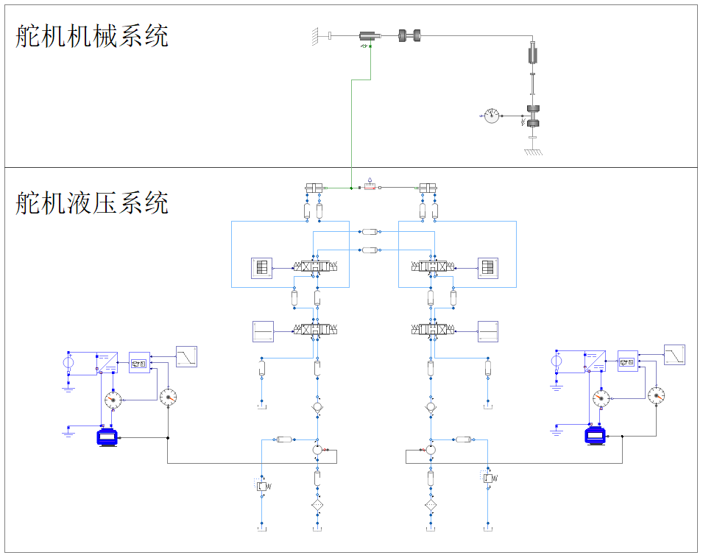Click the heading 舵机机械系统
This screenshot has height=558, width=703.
pos(92,35)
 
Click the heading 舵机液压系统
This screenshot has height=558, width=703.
pos(92,202)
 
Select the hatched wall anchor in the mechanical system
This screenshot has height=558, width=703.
pos(314,35)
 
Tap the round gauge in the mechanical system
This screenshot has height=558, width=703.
pos(491,116)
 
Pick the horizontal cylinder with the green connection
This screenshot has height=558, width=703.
pos(370,35)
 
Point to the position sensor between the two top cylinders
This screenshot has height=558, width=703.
pos(370,187)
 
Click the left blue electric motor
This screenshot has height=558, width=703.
pos(107,438)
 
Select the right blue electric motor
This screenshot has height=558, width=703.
pos(595,436)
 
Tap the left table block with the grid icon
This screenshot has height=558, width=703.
pos(261,268)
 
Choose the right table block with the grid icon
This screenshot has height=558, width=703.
pos(488,268)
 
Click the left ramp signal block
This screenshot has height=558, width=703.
pos(187,356)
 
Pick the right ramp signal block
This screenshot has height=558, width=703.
pos(674,355)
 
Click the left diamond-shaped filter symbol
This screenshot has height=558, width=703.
pos(317,506)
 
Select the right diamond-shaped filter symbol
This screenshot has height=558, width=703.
pos(431,506)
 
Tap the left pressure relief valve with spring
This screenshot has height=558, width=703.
pos(262,485)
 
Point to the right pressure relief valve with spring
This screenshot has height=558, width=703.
pos(488,478)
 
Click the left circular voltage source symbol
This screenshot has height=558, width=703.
pos(68,362)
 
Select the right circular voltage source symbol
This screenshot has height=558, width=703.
pos(557,361)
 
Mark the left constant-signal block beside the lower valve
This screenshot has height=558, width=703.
pos(263,331)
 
